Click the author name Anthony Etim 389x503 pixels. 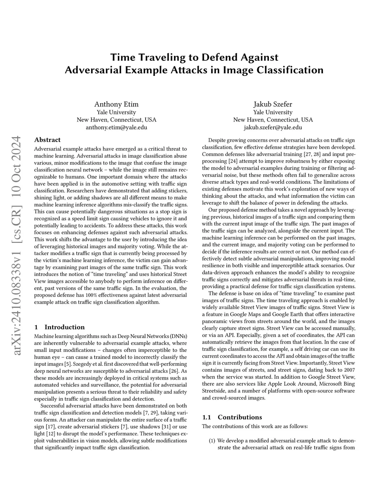coord(116,104)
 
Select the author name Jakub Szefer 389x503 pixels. coord(273,104)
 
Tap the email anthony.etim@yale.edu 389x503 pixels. coord(116,128)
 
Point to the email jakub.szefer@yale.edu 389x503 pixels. coord(273,128)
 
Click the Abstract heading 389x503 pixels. coord(47,140)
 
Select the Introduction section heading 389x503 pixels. coord(65,327)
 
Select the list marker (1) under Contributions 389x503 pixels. coord(212,441)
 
